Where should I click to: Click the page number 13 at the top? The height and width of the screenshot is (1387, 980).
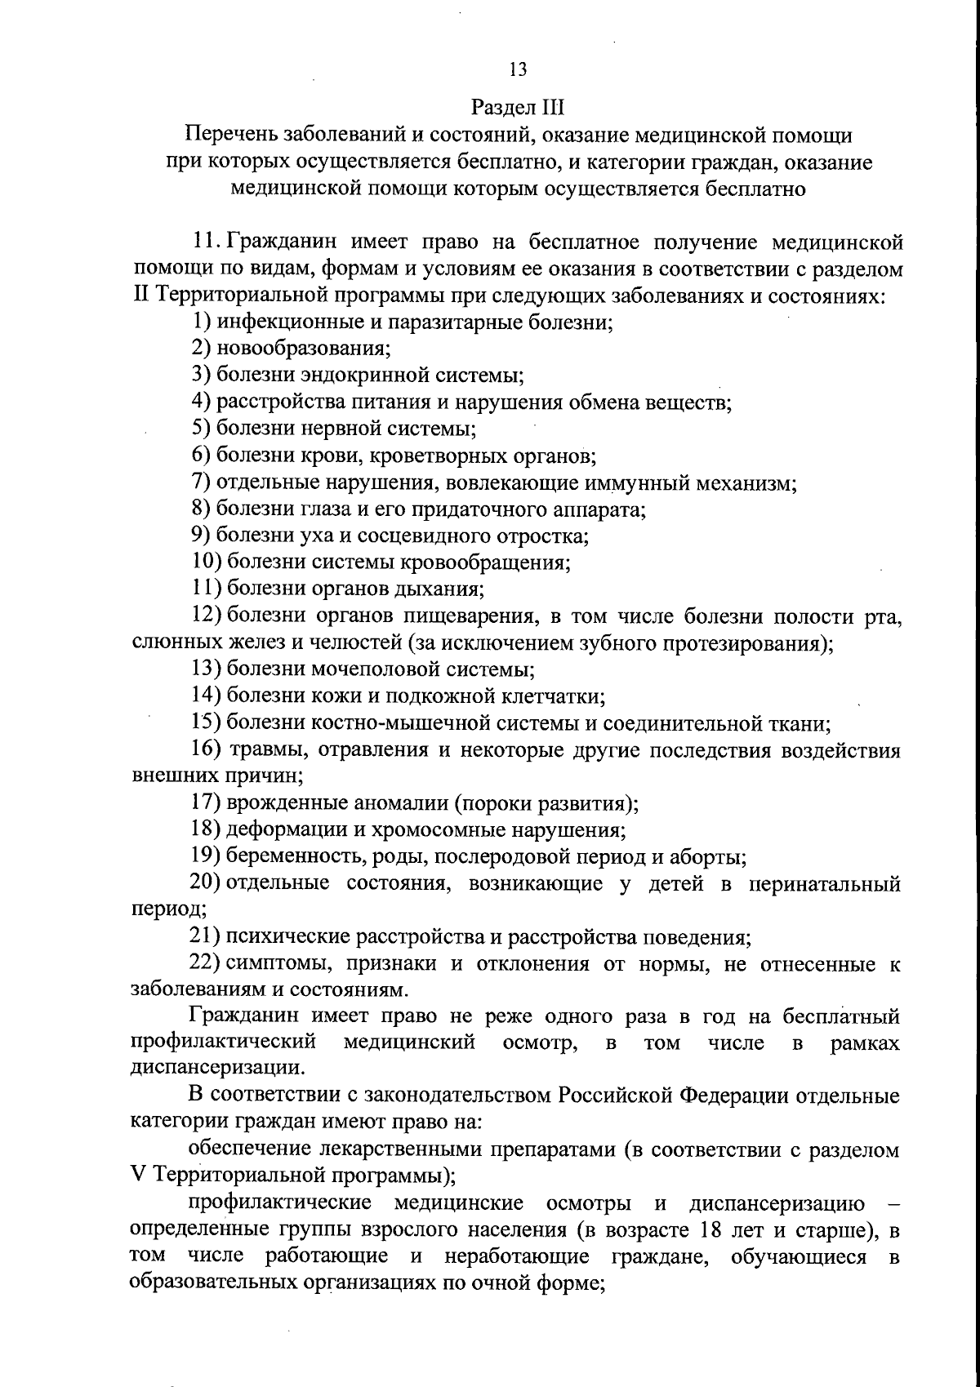(x=518, y=69)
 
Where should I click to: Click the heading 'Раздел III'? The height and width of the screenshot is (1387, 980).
(x=518, y=108)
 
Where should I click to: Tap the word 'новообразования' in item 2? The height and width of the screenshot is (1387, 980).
(x=303, y=349)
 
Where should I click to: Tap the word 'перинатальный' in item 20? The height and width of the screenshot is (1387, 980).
(x=824, y=884)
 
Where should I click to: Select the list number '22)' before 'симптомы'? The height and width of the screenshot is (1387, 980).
(x=205, y=964)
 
